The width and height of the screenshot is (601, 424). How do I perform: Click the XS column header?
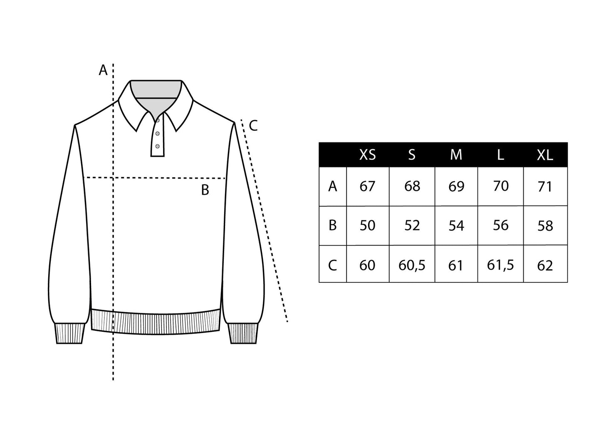coord(367,155)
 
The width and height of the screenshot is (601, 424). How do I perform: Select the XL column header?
coord(545,155)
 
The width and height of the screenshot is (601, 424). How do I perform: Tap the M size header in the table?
coord(456,155)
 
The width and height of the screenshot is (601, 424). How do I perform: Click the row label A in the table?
coord(332,186)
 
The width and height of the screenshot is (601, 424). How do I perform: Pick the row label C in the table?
coord(332,265)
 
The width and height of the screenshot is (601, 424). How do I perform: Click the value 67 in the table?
coord(367,186)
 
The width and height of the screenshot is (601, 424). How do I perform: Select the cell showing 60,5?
coord(412,265)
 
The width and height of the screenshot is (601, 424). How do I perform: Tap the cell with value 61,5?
coord(500,265)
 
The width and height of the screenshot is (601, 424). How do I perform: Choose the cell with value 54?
coord(456,226)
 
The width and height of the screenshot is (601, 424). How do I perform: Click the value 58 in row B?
coord(545,226)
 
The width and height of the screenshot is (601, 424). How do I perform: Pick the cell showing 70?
coord(501,186)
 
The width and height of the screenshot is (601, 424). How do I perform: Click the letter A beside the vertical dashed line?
coord(103,70)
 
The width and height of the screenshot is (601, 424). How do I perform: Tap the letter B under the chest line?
coord(205,190)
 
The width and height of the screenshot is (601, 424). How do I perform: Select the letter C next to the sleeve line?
coord(253,125)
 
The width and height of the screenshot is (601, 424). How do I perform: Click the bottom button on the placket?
coord(158,146)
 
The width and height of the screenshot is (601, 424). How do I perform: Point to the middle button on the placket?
coord(158,133)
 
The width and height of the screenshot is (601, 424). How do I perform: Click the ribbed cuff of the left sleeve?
coord(69,333)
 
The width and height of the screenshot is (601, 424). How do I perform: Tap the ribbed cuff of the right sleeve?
coord(243,333)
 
